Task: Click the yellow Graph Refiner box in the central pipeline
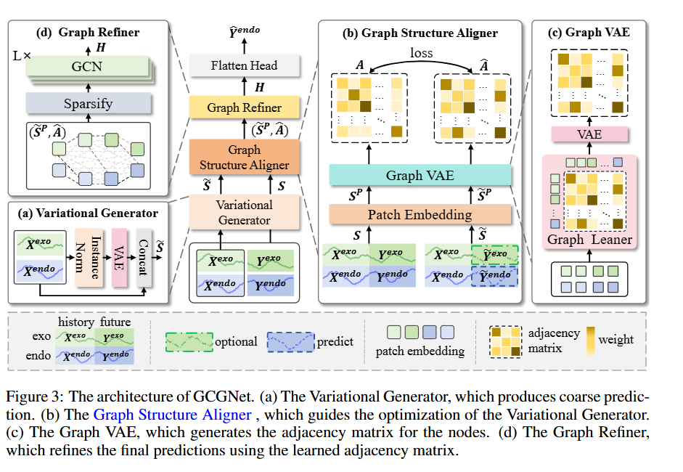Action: click(x=244, y=107)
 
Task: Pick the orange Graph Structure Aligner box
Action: click(x=244, y=157)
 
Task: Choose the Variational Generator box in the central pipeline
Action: click(x=244, y=212)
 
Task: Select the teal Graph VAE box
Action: click(x=421, y=175)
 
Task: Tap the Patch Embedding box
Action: click(x=421, y=214)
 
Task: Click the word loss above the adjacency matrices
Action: click(x=421, y=53)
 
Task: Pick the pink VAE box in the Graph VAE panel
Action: click(x=589, y=134)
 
